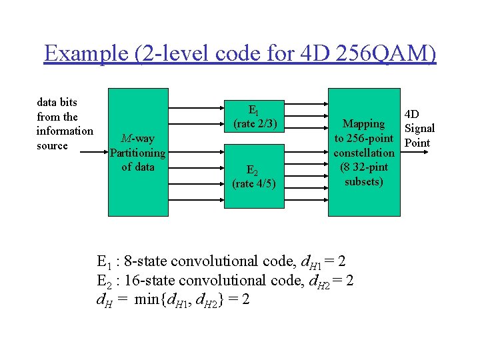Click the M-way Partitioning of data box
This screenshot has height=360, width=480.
pos(138,152)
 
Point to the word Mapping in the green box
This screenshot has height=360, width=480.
pos(363,123)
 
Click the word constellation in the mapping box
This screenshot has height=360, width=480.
pos(364,153)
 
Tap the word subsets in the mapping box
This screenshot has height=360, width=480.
pos(364,181)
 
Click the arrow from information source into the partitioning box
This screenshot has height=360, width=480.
pos(93,153)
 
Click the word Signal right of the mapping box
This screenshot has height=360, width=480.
pos(420,128)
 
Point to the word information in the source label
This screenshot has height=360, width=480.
pos(65,131)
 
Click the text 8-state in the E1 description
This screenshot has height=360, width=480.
pos(149,261)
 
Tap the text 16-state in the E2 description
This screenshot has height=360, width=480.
pos(153,280)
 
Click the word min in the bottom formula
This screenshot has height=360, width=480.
pos(147,299)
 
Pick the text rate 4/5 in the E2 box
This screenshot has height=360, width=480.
pos(253,183)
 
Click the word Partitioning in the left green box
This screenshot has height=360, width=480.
pos(138,153)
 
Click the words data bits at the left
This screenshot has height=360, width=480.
pos(57,102)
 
